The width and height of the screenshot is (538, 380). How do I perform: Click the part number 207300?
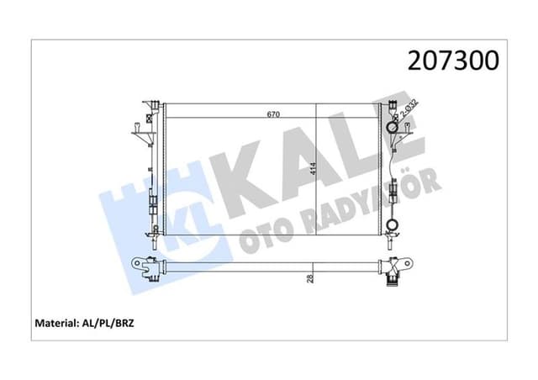[452, 60]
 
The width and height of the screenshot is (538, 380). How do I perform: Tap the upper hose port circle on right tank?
[391, 128]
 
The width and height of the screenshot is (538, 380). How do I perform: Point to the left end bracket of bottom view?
[148, 269]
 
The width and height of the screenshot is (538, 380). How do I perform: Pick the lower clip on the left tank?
[151, 202]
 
